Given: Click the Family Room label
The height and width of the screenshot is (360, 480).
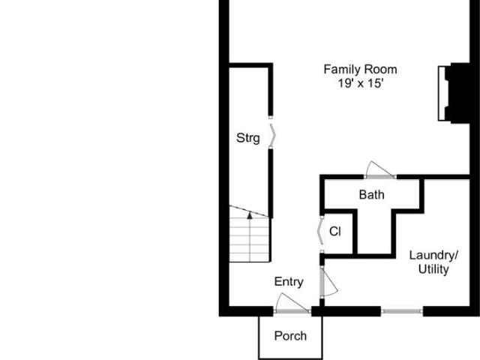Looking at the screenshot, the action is click(x=360, y=70).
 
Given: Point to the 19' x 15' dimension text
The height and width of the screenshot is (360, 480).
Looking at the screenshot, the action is click(x=361, y=83).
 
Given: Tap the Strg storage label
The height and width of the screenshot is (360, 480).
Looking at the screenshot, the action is click(x=248, y=138).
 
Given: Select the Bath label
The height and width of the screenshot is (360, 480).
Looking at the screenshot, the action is click(x=372, y=195).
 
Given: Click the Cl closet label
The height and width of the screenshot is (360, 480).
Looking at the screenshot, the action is click(x=335, y=232).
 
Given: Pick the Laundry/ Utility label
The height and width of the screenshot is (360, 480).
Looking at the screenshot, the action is click(x=433, y=262).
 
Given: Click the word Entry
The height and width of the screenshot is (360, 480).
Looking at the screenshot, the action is click(x=289, y=282).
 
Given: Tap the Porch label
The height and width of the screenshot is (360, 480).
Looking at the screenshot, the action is click(x=290, y=336).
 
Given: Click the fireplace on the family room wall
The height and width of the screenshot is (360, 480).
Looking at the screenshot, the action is click(x=454, y=93).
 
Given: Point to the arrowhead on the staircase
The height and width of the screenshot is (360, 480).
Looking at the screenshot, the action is click(x=250, y=215).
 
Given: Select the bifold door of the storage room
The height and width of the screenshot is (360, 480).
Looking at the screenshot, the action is click(x=272, y=135).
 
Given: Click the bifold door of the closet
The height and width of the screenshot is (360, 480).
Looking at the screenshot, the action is click(x=320, y=231).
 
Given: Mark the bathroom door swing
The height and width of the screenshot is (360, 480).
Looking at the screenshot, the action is click(x=379, y=169).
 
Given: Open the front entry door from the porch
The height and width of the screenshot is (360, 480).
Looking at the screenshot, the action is click(x=292, y=302).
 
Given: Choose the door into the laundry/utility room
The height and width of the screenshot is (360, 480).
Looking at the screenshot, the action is click(x=329, y=282).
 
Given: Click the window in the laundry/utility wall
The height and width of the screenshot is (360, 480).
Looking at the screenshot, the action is click(x=402, y=311).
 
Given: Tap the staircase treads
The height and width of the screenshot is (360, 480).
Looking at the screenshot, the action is click(x=250, y=240).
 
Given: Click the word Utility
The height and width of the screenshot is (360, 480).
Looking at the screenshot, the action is click(x=433, y=269).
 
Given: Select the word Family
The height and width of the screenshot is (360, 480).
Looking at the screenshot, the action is click(x=342, y=70).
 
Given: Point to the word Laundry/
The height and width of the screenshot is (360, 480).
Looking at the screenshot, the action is click(x=433, y=255).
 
